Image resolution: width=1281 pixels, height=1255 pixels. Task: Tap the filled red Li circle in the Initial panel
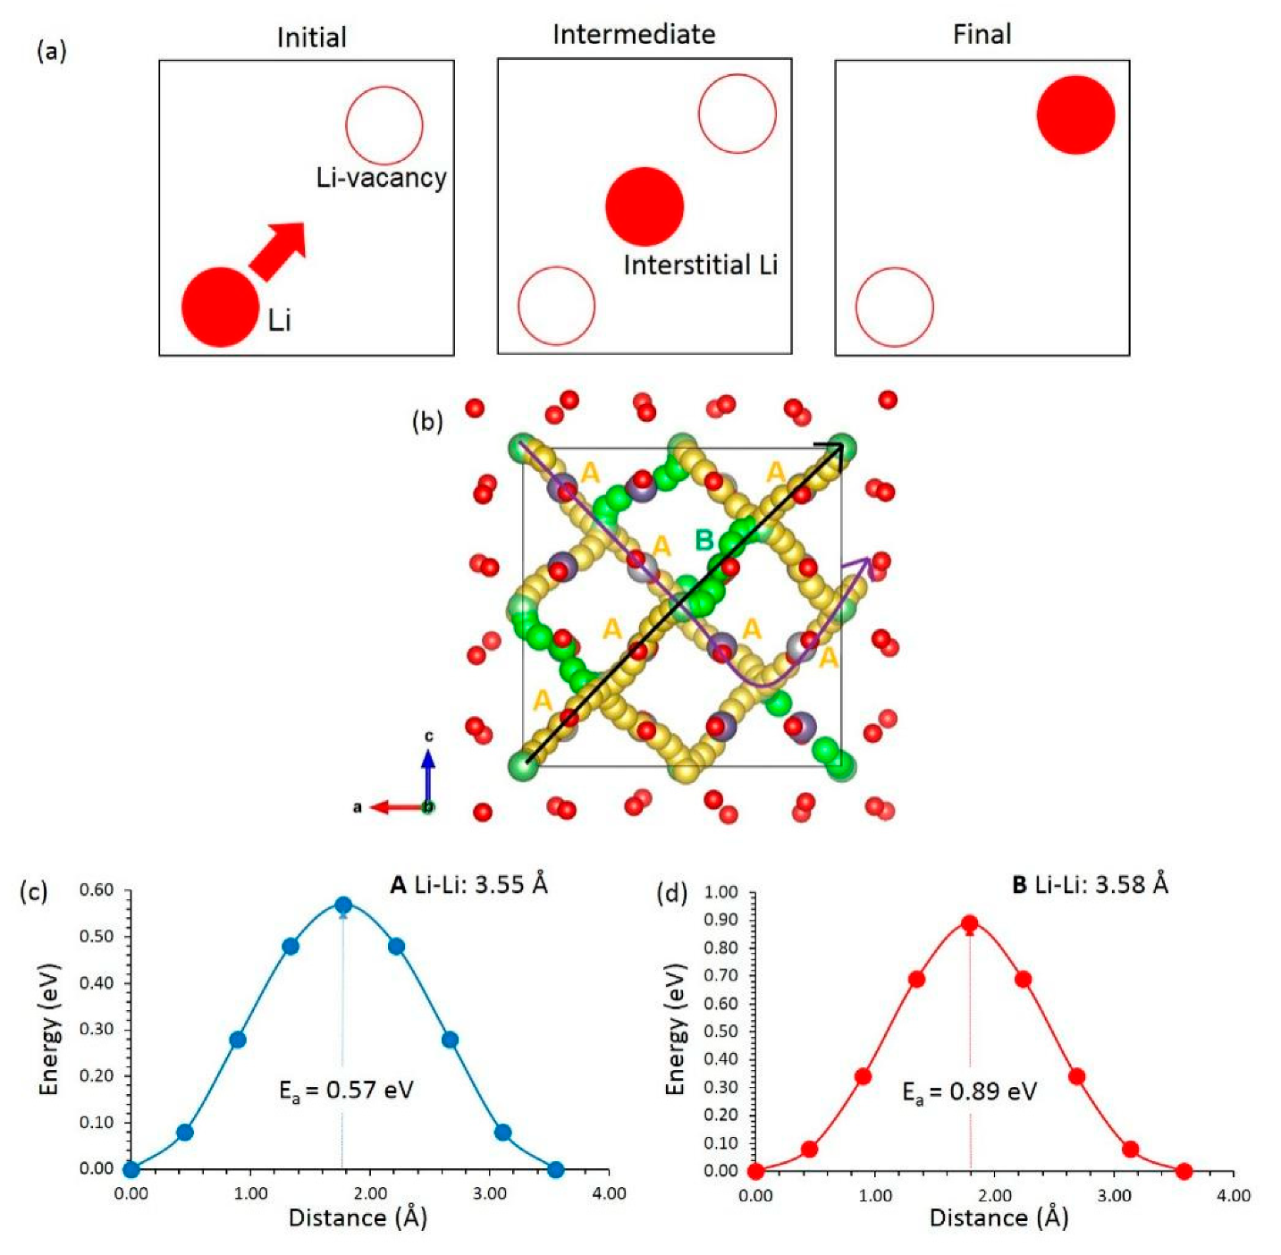[x=220, y=307]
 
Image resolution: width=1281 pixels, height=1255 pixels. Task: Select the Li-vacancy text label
[x=382, y=178]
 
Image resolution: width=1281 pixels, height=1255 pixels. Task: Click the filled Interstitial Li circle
[x=645, y=206]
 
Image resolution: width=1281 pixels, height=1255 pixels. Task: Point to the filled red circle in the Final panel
[x=1075, y=115]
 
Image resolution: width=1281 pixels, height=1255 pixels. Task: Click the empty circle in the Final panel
[x=894, y=307]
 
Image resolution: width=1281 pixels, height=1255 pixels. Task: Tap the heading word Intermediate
[x=634, y=35]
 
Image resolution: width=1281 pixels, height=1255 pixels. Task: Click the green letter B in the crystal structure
[x=704, y=540]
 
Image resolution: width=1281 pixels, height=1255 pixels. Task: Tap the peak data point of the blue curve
[x=343, y=905]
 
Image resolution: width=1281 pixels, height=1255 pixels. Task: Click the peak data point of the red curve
[x=969, y=924]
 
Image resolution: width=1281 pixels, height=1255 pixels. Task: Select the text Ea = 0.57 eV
[x=346, y=1091]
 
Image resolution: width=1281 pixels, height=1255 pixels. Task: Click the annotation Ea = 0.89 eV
[x=969, y=1092]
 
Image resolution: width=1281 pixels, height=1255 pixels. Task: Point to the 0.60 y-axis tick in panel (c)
[x=97, y=890]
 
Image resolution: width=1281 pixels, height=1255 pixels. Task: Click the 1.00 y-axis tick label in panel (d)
[x=721, y=892]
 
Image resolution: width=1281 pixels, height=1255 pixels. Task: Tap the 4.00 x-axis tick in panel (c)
[x=609, y=1193]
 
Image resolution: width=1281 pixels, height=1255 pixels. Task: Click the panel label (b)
[x=427, y=421]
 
